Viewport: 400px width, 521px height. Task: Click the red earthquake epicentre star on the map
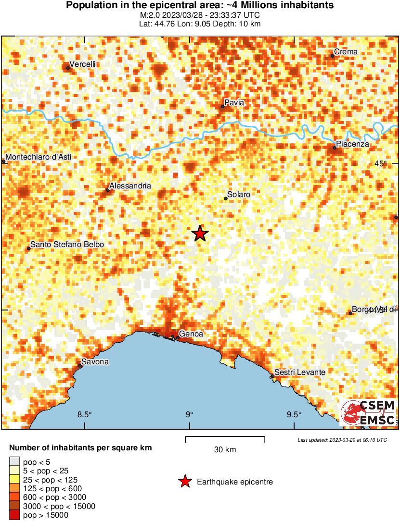click(200, 234)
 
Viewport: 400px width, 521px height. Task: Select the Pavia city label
click(234, 102)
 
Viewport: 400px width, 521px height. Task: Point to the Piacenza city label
click(352, 144)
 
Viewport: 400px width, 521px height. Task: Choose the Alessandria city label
click(130, 186)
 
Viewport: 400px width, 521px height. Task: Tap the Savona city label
click(95, 362)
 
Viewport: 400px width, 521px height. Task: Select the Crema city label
click(347, 52)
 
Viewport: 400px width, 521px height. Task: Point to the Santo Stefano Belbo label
click(67, 245)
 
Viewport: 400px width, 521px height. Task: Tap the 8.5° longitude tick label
click(85, 415)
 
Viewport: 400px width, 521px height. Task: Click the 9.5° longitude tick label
click(294, 415)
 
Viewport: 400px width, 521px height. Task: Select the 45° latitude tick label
click(380, 164)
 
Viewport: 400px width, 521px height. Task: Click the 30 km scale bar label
click(225, 450)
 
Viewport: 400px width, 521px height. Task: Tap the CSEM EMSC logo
click(368, 412)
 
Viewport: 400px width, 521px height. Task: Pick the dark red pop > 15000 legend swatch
click(14, 515)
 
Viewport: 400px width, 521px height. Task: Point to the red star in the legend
click(184, 482)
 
